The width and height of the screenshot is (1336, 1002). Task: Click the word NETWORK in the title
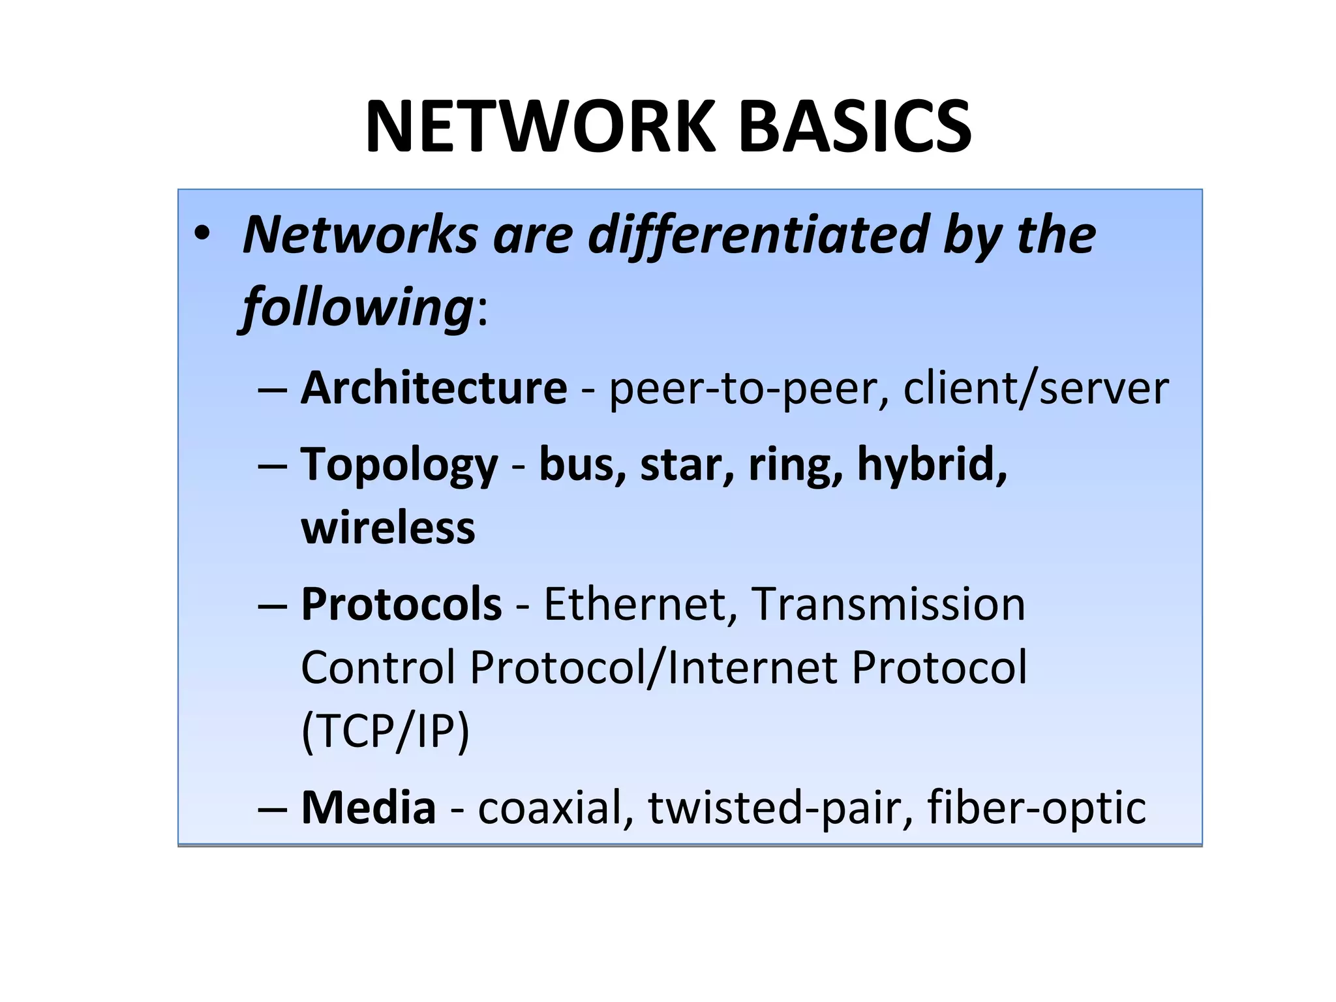(x=541, y=127)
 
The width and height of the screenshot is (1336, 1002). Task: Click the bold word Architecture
(x=434, y=388)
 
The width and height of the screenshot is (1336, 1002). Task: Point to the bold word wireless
(x=388, y=528)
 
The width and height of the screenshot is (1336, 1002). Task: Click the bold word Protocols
(x=401, y=604)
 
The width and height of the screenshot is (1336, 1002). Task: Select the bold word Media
(x=369, y=808)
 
